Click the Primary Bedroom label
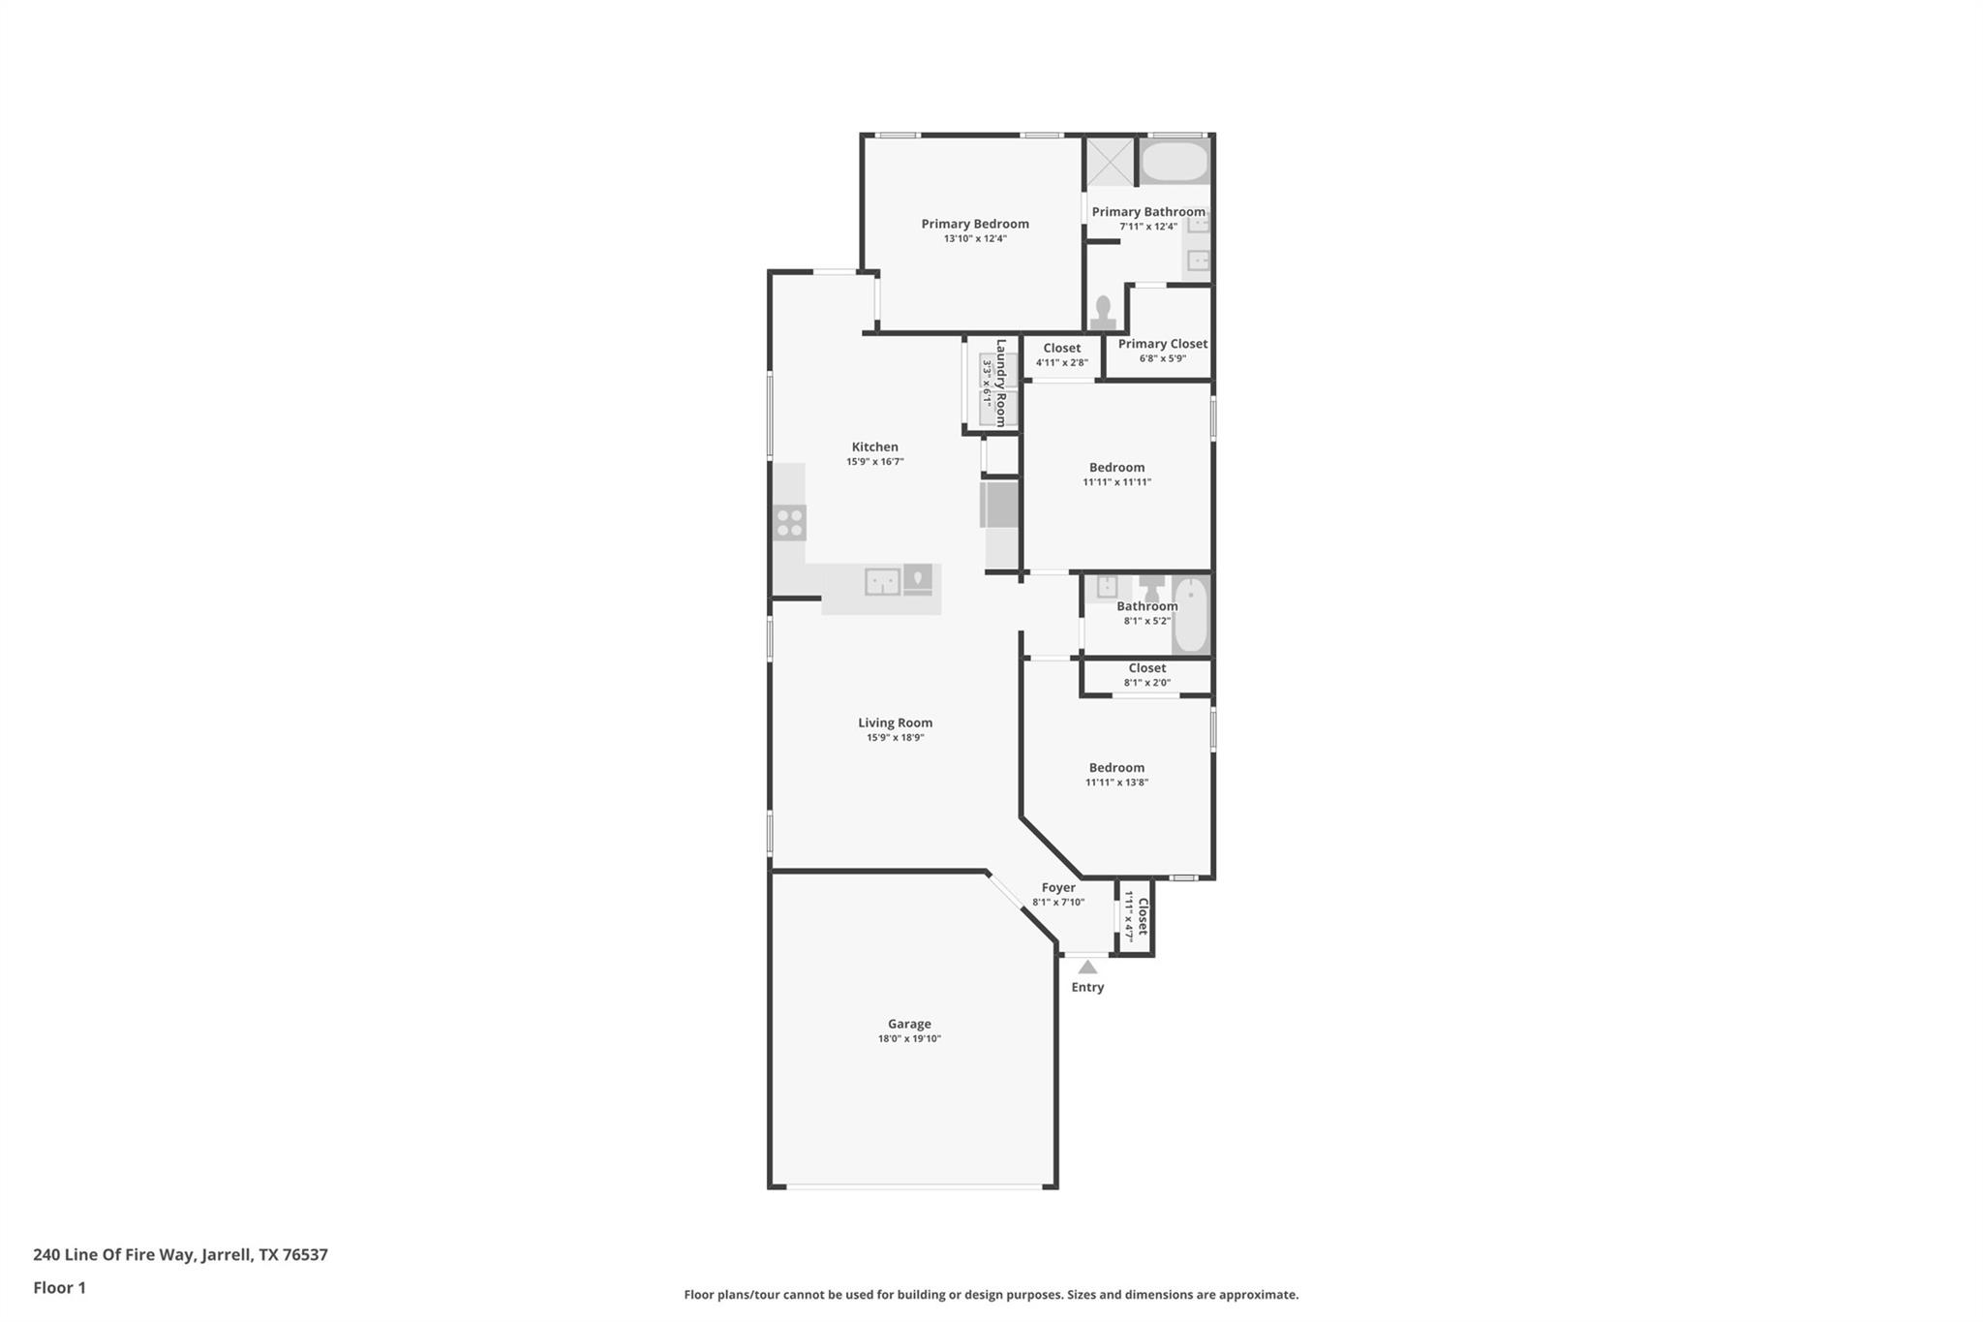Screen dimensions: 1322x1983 [x=974, y=224]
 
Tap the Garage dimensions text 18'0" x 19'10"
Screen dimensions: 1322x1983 [x=909, y=1039]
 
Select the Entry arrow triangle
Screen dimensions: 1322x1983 [x=1087, y=967]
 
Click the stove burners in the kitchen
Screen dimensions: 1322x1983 [x=790, y=523]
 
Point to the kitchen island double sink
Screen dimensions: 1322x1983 [x=882, y=581]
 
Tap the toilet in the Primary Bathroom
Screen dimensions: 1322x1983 [x=1103, y=313]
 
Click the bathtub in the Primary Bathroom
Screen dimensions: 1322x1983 [x=1174, y=162]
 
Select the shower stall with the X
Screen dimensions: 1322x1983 [x=1109, y=162]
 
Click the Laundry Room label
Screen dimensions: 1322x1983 [x=1001, y=383]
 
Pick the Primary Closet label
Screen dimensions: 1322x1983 [x=1163, y=344]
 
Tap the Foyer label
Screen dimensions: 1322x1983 [x=1058, y=887]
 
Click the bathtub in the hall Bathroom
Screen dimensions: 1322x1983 [x=1190, y=615]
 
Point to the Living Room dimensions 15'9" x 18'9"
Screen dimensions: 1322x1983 [x=895, y=738]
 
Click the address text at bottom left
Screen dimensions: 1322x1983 [x=180, y=1254]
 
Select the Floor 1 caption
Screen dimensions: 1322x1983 [x=59, y=1287]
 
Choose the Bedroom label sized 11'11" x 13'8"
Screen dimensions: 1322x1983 [x=1116, y=768]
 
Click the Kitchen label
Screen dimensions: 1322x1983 [x=874, y=447]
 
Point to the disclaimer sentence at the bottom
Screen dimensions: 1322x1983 [x=991, y=1294]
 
